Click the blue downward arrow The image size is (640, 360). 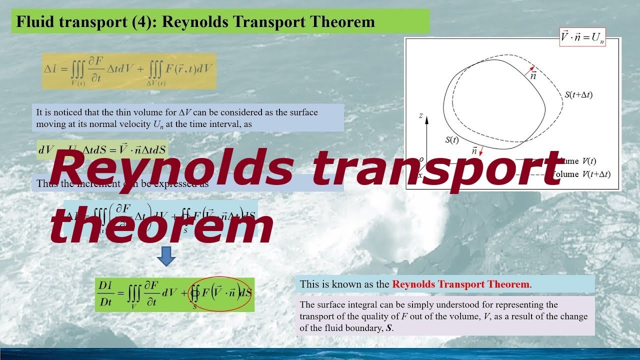point(166,258)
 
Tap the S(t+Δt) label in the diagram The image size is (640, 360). point(578,94)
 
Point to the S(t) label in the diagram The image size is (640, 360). point(451,140)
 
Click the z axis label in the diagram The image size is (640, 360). point(421,115)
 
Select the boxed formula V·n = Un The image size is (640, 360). point(582,37)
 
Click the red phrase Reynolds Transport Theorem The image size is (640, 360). point(460,284)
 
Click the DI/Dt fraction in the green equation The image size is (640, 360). point(105,294)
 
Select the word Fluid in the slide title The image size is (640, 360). point(30,22)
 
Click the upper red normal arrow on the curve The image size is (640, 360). point(529,70)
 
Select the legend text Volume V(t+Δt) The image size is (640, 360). point(580,174)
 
